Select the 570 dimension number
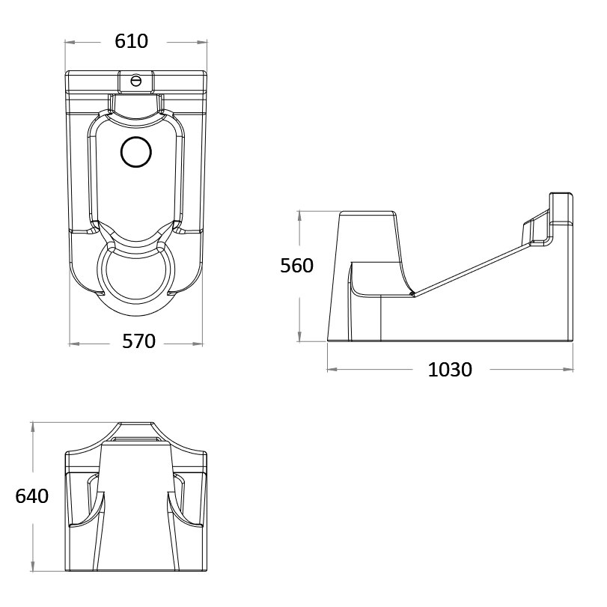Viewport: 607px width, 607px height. coord(138,343)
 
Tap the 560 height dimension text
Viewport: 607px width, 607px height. coord(296,266)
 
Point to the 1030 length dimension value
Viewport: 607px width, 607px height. coord(450,370)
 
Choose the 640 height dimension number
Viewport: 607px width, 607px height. coord(31,496)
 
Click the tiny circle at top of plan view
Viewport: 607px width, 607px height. coord(136,79)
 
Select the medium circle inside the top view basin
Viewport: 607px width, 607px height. coord(135,152)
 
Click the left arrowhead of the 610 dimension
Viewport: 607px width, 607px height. coord(69,42)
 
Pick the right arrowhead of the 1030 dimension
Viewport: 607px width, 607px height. coord(572,369)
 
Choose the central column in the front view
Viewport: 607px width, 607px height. coord(135,509)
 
